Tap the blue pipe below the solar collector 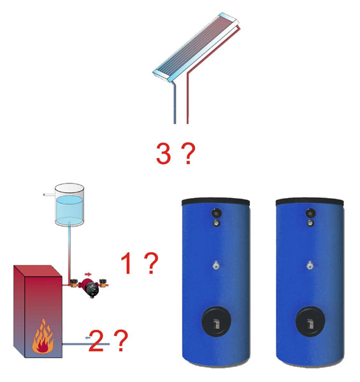click(174, 105)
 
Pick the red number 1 click(127, 264)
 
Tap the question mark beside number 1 click(150, 264)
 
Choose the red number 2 click(96, 343)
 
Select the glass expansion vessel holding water click(69, 205)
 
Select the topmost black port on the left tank click(217, 213)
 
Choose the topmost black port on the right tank click(310, 213)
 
